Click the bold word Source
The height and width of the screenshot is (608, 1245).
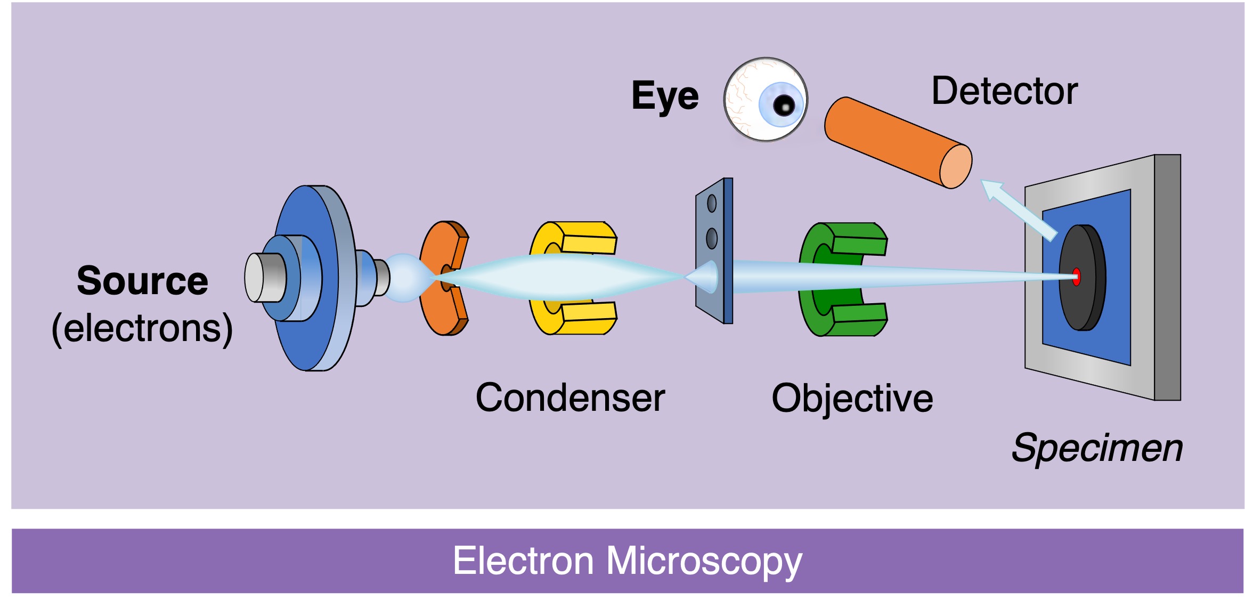tap(142, 281)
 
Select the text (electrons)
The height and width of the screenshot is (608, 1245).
tap(142, 329)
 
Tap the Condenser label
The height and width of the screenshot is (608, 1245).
tap(570, 398)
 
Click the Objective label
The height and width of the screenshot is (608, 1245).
tap(852, 399)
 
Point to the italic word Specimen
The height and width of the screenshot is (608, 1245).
tap(1096, 448)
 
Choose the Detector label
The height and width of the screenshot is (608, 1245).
tap(1004, 91)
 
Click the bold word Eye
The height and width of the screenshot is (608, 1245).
tap(664, 96)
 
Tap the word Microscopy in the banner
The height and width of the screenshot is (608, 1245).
tap(704, 561)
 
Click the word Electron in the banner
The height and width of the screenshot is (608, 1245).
tap(523, 561)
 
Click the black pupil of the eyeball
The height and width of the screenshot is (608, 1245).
tap(784, 106)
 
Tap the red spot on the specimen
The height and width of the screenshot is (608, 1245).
tap(1076, 277)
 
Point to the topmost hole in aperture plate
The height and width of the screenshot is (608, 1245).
tap(712, 203)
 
